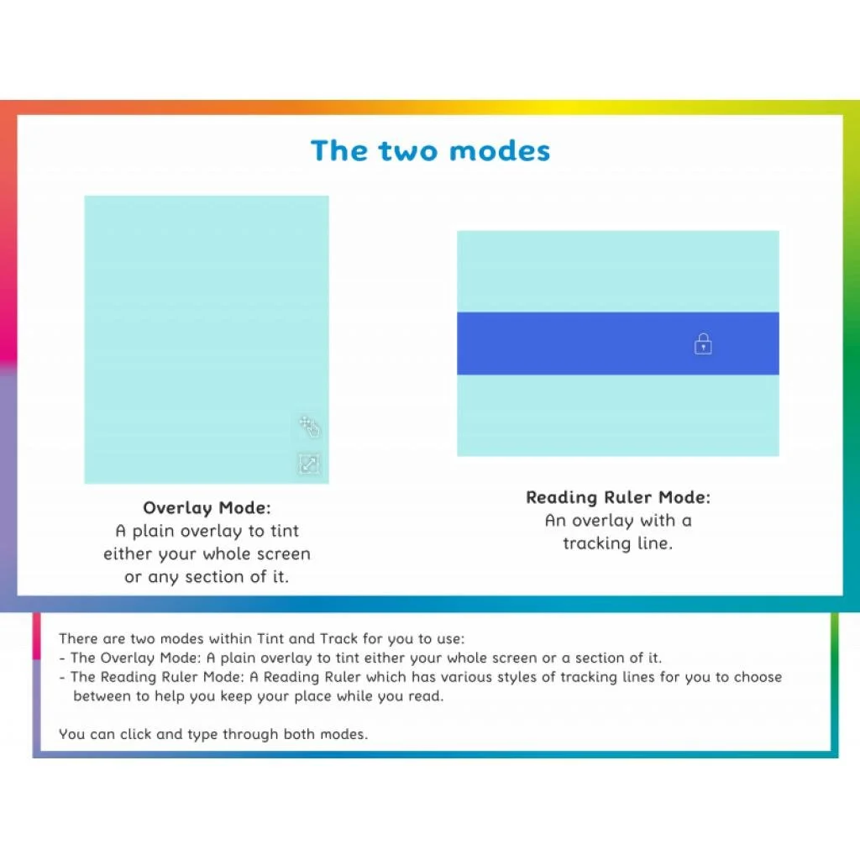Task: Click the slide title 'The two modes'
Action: coord(430,151)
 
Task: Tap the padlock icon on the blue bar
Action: coord(703,343)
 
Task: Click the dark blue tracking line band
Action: coord(571,343)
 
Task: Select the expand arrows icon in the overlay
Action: coord(309,464)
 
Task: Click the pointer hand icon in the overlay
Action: coord(310,427)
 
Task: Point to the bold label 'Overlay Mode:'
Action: coord(207,507)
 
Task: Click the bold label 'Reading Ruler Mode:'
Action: coord(617,497)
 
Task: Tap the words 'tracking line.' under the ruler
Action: coord(617,543)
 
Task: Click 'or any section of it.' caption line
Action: coord(207,577)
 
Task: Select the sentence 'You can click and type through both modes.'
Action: coord(213,734)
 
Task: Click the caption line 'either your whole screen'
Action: coord(207,554)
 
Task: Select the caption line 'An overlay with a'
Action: coord(617,521)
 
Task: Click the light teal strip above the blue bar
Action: coord(617,271)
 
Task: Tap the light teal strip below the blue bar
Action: coord(617,415)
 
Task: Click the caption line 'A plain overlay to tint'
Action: coord(207,531)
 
